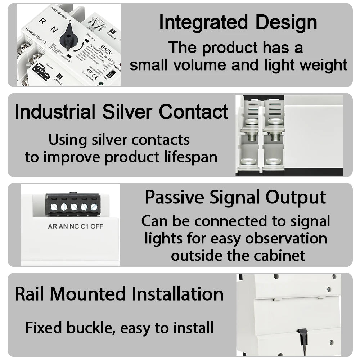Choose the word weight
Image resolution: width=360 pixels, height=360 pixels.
pyautogui.click(x=324, y=66)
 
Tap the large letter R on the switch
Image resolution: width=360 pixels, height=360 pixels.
pyautogui.click(x=42, y=21)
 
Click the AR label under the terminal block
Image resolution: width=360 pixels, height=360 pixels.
pyautogui.click(x=53, y=226)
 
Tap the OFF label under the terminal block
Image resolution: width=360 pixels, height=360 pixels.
pyautogui.click(x=97, y=226)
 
